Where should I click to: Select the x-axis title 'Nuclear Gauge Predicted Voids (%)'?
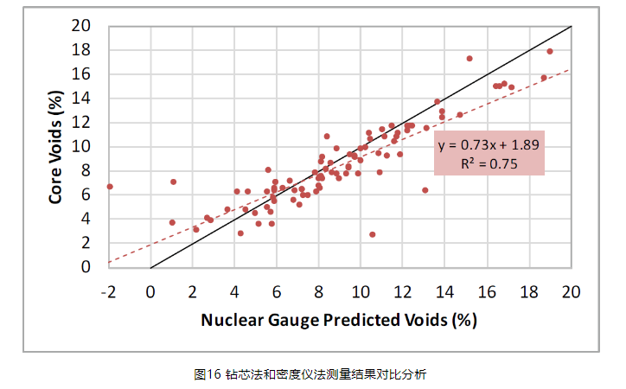point(339,320)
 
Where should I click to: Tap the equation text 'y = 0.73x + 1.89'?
point(490,145)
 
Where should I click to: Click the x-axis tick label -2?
point(108,290)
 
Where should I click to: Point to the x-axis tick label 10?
point(361,290)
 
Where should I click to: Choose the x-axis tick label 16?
point(487,290)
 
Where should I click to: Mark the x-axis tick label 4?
point(234,290)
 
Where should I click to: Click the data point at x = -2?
point(110,186)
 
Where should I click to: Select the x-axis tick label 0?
point(150,290)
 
